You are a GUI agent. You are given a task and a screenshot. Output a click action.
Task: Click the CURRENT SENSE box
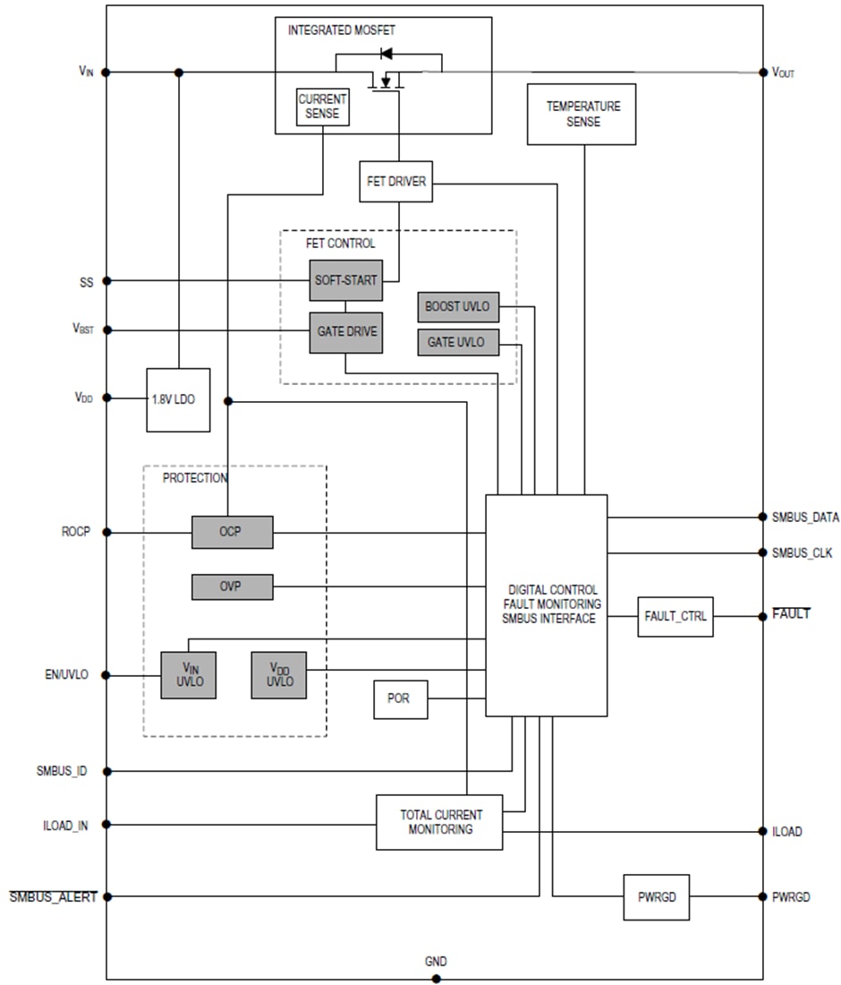click(322, 107)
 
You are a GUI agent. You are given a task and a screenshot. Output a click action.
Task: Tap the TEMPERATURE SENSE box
click(582, 114)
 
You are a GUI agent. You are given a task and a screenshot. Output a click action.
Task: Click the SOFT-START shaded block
click(345, 280)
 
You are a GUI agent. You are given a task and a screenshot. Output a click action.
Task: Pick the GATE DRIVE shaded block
click(345, 332)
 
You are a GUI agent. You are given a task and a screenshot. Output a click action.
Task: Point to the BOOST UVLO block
click(458, 306)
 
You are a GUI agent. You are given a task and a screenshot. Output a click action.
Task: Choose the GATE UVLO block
click(458, 342)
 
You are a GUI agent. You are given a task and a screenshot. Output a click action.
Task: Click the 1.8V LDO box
click(178, 399)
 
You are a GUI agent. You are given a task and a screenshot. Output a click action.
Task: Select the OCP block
click(232, 532)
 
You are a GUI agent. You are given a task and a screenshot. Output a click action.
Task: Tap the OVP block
click(232, 587)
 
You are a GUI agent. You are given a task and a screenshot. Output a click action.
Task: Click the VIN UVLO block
click(188, 674)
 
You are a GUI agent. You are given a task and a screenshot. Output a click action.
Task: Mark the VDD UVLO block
click(278, 674)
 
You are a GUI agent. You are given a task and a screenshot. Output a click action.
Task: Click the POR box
click(400, 698)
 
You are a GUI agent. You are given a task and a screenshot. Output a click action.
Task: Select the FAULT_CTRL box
click(675, 616)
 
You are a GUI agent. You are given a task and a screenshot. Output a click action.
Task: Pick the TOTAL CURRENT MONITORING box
click(438, 822)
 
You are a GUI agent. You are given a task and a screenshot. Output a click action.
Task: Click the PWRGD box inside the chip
click(657, 896)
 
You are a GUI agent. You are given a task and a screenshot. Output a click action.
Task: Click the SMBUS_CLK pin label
click(802, 553)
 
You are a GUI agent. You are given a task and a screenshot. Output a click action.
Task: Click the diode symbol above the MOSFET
click(387, 54)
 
